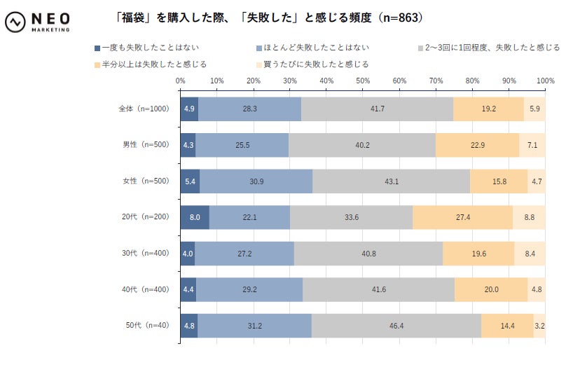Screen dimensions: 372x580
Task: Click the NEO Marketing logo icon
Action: [15, 22]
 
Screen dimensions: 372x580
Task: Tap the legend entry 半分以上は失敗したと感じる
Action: [150, 64]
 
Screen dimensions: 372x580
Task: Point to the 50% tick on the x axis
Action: [363, 81]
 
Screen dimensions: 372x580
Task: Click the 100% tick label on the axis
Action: [544, 81]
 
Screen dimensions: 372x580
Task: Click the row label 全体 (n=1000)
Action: [144, 109]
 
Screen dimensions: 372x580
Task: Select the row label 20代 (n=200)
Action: [144, 217]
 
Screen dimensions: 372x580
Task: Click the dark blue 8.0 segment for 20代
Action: [194, 217]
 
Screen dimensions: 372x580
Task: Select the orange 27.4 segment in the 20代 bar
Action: [462, 217]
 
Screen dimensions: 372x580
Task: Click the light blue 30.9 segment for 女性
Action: [256, 181]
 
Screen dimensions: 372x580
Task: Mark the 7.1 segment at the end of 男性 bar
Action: [532, 145]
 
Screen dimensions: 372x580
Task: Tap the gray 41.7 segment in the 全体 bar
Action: [377, 109]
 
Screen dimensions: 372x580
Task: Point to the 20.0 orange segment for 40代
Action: [491, 289]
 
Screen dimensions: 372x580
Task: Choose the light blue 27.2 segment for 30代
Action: [244, 253]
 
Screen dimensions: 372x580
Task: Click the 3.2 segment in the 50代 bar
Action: [539, 325]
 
